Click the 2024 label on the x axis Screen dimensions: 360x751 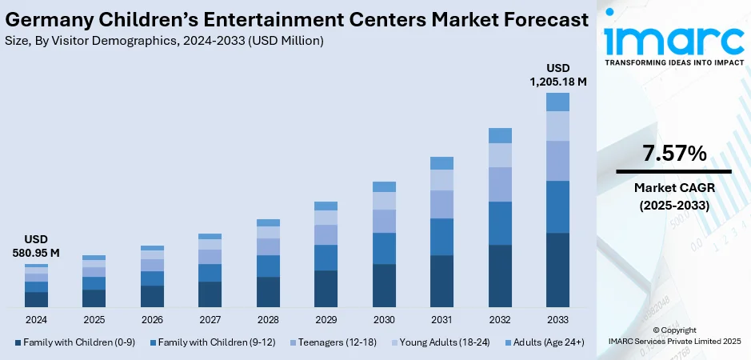click(36, 319)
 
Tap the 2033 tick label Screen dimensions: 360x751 click(557, 319)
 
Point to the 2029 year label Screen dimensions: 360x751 click(326, 319)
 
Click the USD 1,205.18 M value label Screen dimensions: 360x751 click(557, 74)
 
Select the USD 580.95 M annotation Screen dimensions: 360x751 click(36, 246)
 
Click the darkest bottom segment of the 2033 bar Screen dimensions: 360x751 click(557, 270)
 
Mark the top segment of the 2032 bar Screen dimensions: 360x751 click(500, 135)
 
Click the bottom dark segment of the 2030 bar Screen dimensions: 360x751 click(384, 286)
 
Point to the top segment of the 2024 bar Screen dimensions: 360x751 click(36, 266)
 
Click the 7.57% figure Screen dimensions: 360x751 click(673, 154)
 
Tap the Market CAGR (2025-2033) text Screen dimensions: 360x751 click(673, 195)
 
